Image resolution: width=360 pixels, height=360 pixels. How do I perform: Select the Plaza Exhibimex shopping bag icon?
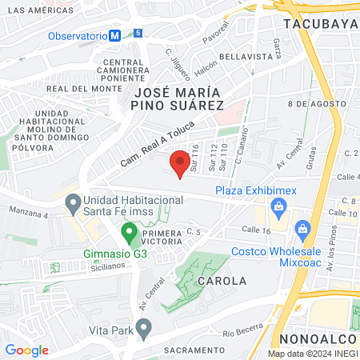click(x=279, y=209)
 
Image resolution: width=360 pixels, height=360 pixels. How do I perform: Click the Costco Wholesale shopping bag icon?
click(x=302, y=231)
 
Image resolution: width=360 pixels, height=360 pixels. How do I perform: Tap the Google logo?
click(x=27, y=350)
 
